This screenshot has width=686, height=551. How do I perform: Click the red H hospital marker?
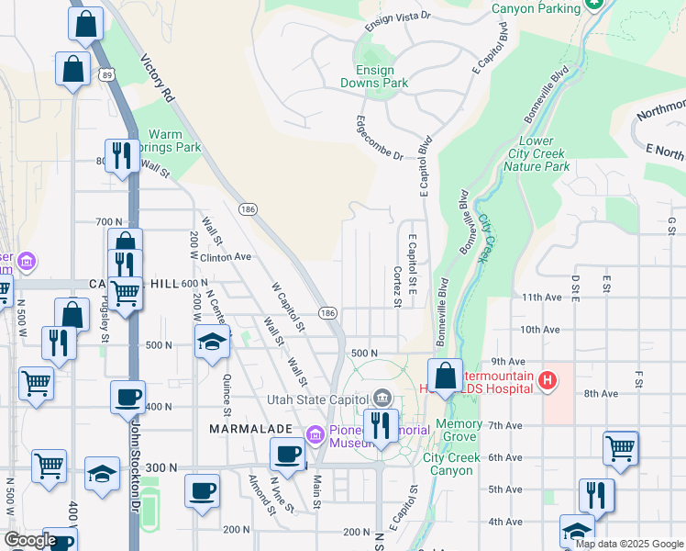(x=548, y=379)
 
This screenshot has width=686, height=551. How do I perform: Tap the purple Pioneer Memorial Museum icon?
(x=315, y=433)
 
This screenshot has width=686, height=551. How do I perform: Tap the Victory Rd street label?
(x=157, y=77)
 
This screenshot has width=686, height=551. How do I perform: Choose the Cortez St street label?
(x=397, y=287)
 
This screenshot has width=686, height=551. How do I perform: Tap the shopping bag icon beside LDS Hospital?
(x=445, y=377)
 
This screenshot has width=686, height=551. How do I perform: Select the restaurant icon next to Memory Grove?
(x=377, y=425)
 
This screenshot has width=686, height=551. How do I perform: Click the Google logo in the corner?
(x=29, y=541)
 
